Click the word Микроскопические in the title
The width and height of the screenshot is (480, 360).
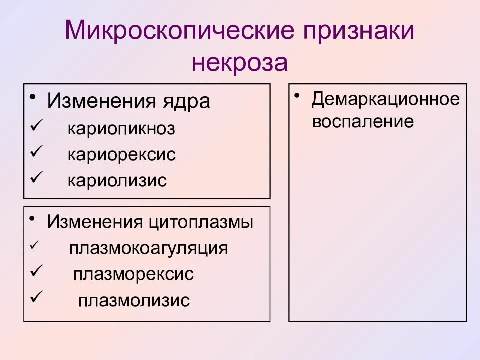coord(178,31)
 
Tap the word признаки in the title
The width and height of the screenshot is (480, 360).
coord(356,31)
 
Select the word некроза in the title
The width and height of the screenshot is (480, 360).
coord(240,64)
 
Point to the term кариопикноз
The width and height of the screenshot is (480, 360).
coord(122,129)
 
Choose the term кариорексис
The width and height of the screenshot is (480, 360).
coord(122,155)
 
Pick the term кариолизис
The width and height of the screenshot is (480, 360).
coord(117,180)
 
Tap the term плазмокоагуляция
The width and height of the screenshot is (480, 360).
coord(149,248)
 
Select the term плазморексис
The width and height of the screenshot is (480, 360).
coord(133,274)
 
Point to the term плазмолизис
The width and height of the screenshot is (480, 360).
coord(134,300)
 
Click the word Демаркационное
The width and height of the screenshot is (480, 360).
coord(385,99)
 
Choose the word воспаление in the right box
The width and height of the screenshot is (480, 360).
coord(363,122)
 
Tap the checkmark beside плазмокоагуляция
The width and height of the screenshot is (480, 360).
coord(33,246)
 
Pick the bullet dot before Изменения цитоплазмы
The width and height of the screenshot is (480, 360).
coord(32,218)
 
